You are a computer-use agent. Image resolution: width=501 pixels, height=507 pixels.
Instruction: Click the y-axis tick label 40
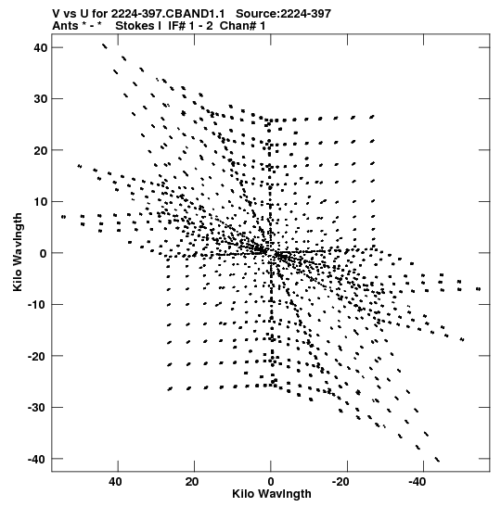click(41, 48)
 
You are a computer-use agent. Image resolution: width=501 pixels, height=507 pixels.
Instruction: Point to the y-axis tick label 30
click(41, 99)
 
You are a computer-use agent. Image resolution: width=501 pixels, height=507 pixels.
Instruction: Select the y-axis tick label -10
click(37, 305)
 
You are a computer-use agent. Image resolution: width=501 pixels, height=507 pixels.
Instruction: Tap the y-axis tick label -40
click(37, 459)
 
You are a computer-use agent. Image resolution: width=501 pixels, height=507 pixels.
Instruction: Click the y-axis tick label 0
click(44, 253)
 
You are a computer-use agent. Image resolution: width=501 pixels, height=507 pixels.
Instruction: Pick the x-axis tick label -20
click(340, 482)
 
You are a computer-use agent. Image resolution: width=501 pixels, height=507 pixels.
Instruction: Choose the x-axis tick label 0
click(271, 482)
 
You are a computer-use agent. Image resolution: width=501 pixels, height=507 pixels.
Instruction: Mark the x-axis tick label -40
click(417, 482)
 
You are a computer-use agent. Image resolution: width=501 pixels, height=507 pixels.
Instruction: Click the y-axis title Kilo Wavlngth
click(18, 252)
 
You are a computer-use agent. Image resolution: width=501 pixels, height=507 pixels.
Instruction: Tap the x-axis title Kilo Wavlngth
click(272, 494)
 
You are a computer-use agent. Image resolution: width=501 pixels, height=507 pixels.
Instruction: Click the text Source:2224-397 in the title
click(284, 14)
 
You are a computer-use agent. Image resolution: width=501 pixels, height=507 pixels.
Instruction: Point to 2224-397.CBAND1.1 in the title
click(168, 14)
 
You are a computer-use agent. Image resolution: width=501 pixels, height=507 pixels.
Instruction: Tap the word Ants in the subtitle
click(65, 26)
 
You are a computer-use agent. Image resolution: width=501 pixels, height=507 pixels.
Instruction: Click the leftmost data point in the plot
click(63, 217)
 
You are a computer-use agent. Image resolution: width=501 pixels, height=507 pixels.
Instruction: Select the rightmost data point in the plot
click(479, 289)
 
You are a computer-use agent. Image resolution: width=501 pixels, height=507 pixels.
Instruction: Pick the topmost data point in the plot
click(104, 46)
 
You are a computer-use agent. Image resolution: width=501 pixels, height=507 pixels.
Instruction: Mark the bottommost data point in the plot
click(437, 460)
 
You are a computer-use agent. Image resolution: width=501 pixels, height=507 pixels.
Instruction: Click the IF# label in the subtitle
click(177, 26)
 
